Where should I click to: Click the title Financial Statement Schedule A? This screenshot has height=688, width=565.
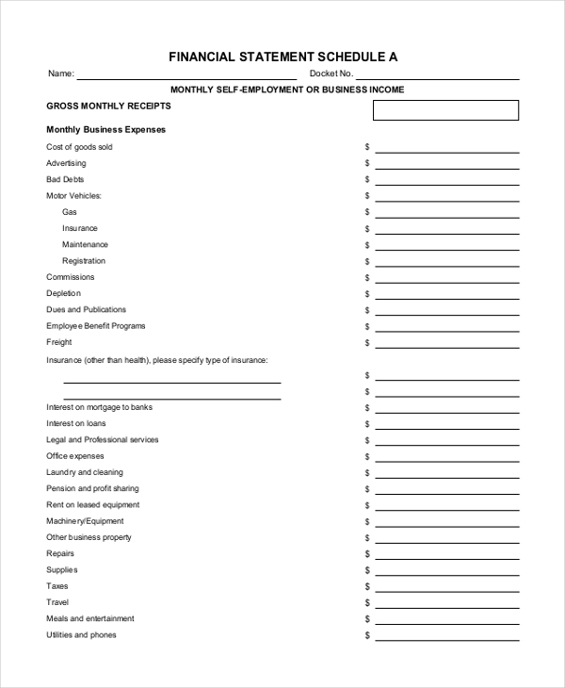pyautogui.click(x=282, y=57)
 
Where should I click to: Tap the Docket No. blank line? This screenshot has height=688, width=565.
pyautogui.click(x=438, y=75)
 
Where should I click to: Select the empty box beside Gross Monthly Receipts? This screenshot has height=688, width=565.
pyautogui.click(x=445, y=110)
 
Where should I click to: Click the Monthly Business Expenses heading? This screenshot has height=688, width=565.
pyautogui.click(x=105, y=130)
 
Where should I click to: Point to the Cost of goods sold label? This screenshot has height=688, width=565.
pyautogui.click(x=79, y=147)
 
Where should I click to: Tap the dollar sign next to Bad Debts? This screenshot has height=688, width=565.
pyautogui.click(x=367, y=179)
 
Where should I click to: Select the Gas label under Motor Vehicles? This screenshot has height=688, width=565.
pyautogui.click(x=70, y=212)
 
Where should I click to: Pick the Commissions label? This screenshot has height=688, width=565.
pyautogui.click(x=71, y=277)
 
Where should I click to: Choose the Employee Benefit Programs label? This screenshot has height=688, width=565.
pyautogui.click(x=96, y=326)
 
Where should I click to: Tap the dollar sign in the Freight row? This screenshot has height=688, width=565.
pyautogui.click(x=367, y=342)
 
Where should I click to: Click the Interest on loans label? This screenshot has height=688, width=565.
pyautogui.click(x=76, y=423)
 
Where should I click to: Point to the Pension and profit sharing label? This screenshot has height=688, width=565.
pyautogui.click(x=92, y=488)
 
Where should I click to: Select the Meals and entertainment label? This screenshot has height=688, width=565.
pyautogui.click(x=90, y=618)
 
